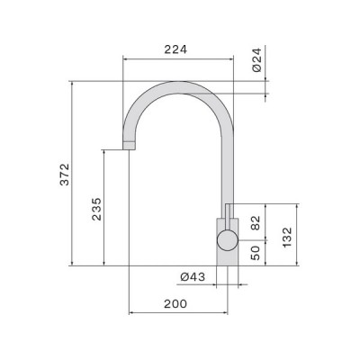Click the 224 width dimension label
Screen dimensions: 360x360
[176, 49]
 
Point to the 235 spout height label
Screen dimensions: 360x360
[96, 208]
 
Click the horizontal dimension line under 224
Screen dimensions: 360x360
[176, 58]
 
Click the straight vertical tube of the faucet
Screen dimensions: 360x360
[228, 166]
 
